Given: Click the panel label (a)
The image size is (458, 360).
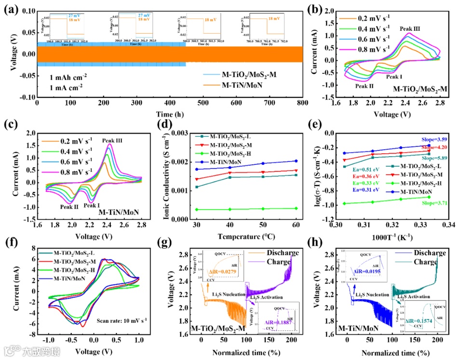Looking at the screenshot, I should coord(11,8).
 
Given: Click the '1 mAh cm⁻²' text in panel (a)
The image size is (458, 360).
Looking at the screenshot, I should coord(60,77).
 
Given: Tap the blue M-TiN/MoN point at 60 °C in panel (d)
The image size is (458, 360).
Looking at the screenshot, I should coord(296,161).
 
